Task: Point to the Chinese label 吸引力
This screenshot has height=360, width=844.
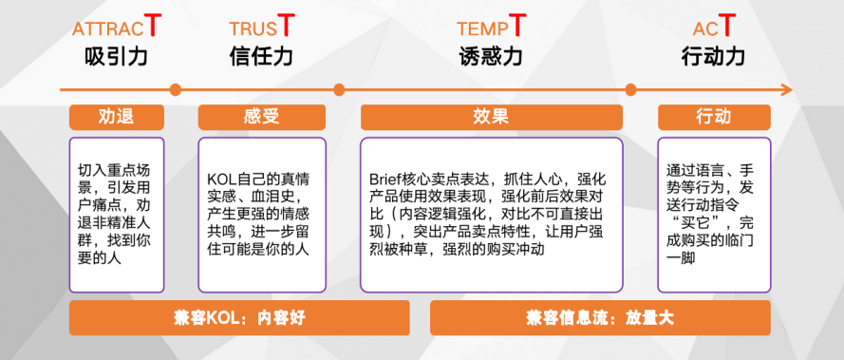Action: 116,56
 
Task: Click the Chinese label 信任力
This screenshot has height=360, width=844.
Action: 261,56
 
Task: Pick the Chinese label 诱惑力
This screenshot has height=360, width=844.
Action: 490,56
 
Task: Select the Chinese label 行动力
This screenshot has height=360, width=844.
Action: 713,56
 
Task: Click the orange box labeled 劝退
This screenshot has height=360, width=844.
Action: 116,117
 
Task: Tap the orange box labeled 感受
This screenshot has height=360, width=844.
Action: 261,117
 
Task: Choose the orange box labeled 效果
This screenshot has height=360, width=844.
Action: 491,117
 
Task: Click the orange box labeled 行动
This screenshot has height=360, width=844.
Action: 713,117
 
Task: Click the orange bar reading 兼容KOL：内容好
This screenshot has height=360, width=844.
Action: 239,318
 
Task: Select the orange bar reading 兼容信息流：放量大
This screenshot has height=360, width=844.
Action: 600,318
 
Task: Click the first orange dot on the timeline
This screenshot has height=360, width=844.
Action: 175,90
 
